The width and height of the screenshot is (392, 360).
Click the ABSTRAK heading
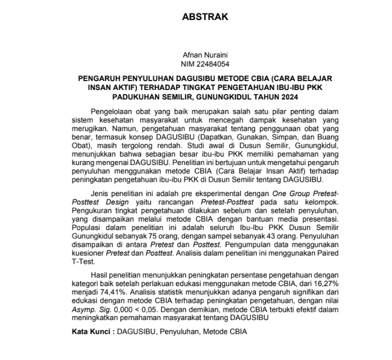(205, 17)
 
